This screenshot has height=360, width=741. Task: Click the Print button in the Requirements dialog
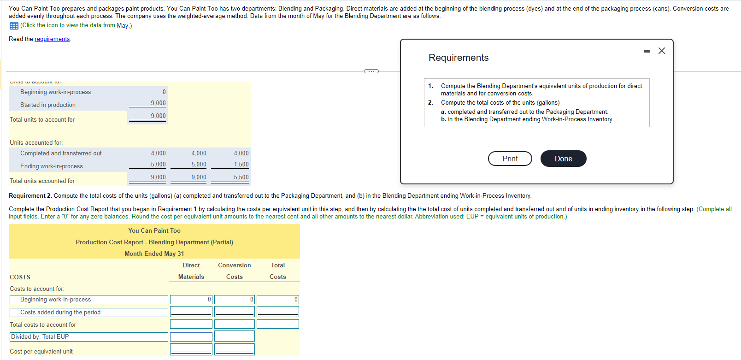[510, 159]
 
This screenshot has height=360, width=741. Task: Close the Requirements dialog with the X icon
[662, 51]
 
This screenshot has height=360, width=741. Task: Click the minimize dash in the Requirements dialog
[647, 51]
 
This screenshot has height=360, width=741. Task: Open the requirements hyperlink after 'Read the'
[52, 39]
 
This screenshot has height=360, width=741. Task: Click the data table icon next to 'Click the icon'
[14, 26]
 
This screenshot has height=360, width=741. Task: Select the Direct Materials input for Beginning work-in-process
[191, 300]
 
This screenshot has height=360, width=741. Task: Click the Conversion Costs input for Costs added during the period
[234, 312]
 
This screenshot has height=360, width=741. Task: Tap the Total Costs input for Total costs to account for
[277, 324]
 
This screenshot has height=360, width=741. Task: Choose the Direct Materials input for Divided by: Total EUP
[191, 337]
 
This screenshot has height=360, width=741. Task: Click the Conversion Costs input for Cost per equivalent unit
[234, 349]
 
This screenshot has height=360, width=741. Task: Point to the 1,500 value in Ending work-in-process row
[241, 165]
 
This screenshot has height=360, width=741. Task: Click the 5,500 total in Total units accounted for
[241, 177]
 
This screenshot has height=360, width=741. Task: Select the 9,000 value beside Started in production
[158, 103]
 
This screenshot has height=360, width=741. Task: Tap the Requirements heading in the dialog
[459, 58]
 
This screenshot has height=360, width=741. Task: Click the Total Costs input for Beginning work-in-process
[277, 300]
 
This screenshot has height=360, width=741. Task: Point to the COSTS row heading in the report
[20, 277]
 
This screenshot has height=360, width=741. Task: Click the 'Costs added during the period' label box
[88, 312]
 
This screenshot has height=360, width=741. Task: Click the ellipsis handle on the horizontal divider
[371, 71]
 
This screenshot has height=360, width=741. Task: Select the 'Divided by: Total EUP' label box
[88, 337]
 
